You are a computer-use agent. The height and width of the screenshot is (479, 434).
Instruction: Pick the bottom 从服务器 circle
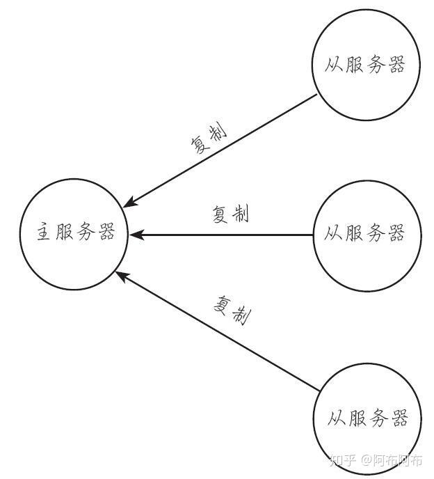click(367, 419)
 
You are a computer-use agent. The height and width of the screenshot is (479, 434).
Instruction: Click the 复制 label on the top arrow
click(208, 140)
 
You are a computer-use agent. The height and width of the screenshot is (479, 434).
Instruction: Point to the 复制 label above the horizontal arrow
click(230, 215)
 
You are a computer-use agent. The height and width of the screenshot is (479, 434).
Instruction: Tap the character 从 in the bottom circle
click(336, 419)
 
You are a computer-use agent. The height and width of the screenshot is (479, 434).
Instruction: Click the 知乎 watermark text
click(343, 460)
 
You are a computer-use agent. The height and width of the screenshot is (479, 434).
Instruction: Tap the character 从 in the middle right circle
click(333, 234)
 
